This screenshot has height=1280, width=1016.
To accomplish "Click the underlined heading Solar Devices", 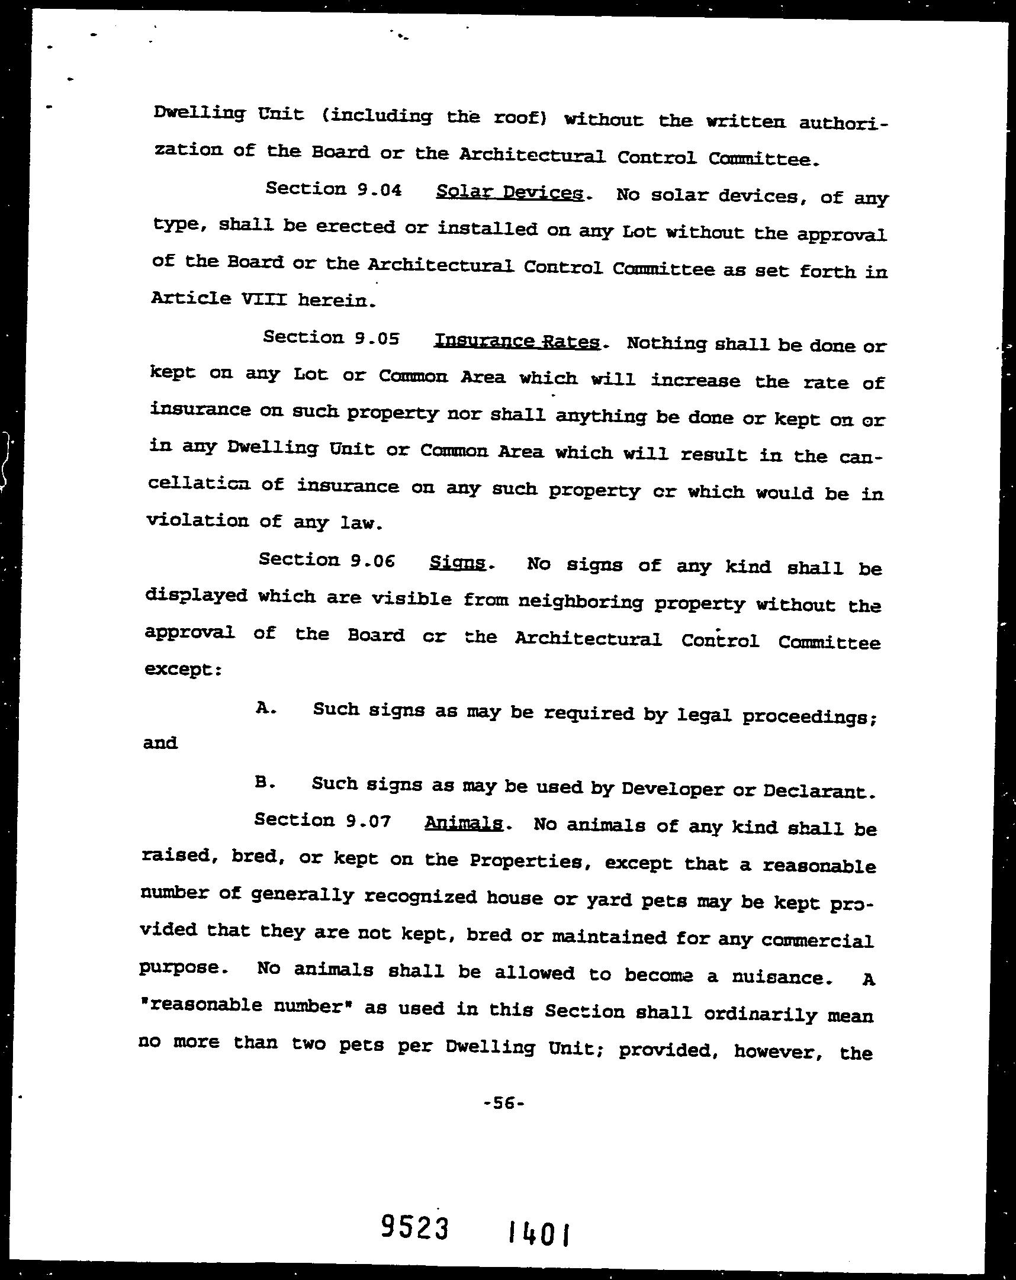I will [510, 192].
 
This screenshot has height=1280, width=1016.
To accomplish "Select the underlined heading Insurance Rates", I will [517, 342].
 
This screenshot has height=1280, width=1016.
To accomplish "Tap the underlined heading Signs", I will [457, 562].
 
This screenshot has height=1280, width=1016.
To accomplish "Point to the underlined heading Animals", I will [464, 824].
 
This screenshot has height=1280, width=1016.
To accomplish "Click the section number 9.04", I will [380, 190].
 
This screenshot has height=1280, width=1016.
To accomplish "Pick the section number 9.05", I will [377, 339].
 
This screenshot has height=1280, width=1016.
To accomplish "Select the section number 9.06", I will [372, 561].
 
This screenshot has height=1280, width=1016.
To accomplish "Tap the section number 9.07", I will [368, 821].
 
